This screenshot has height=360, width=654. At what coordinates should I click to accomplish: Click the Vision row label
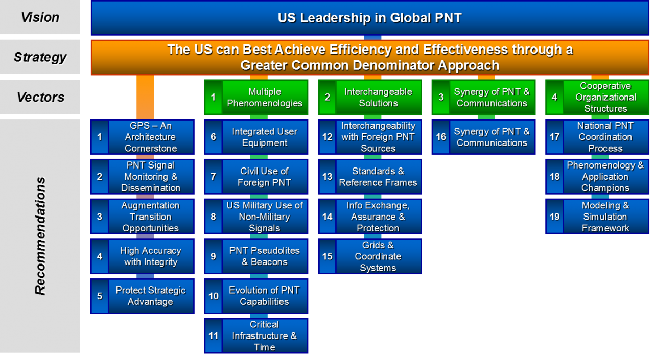point(40,17)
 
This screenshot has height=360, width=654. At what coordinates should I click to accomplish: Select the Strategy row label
point(40,57)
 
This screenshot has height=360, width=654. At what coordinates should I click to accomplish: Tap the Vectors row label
point(40,97)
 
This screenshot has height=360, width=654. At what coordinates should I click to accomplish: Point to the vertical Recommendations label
point(40,236)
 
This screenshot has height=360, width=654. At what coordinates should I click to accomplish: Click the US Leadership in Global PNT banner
point(370,18)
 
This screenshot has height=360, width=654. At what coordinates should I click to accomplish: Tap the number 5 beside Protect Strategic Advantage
point(100,296)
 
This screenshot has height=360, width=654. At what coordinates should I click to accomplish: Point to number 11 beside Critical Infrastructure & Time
point(214,336)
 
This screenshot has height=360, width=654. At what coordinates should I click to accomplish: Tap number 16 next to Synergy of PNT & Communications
point(441,137)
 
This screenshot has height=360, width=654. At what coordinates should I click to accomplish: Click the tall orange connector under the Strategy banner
point(145,97)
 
